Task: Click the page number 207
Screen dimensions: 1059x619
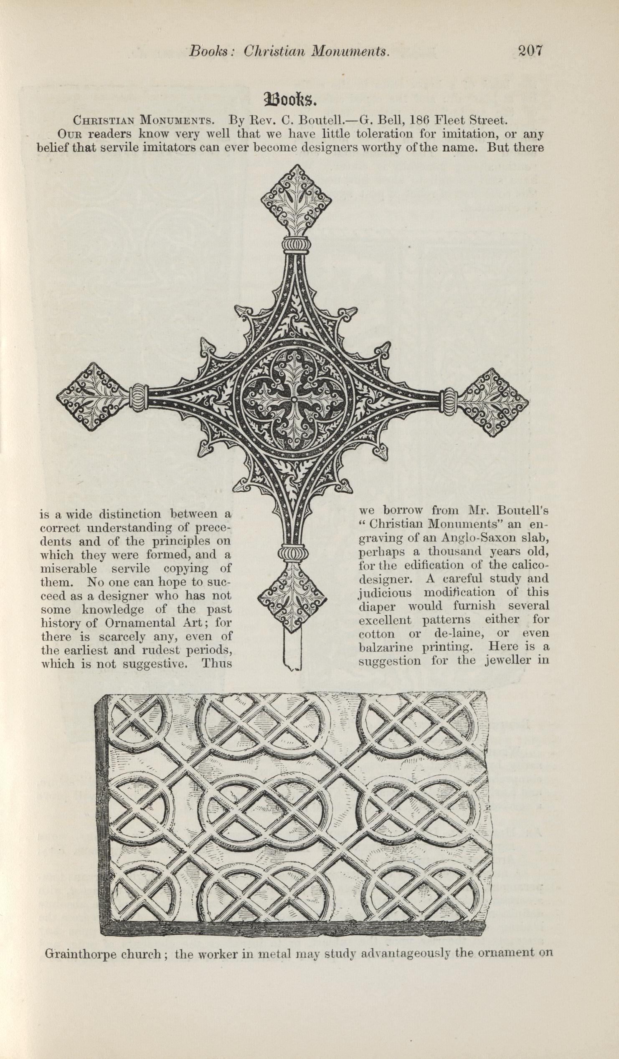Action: [531, 51]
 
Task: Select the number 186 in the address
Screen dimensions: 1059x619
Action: [419, 121]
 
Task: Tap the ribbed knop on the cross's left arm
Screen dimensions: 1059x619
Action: [139, 397]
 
